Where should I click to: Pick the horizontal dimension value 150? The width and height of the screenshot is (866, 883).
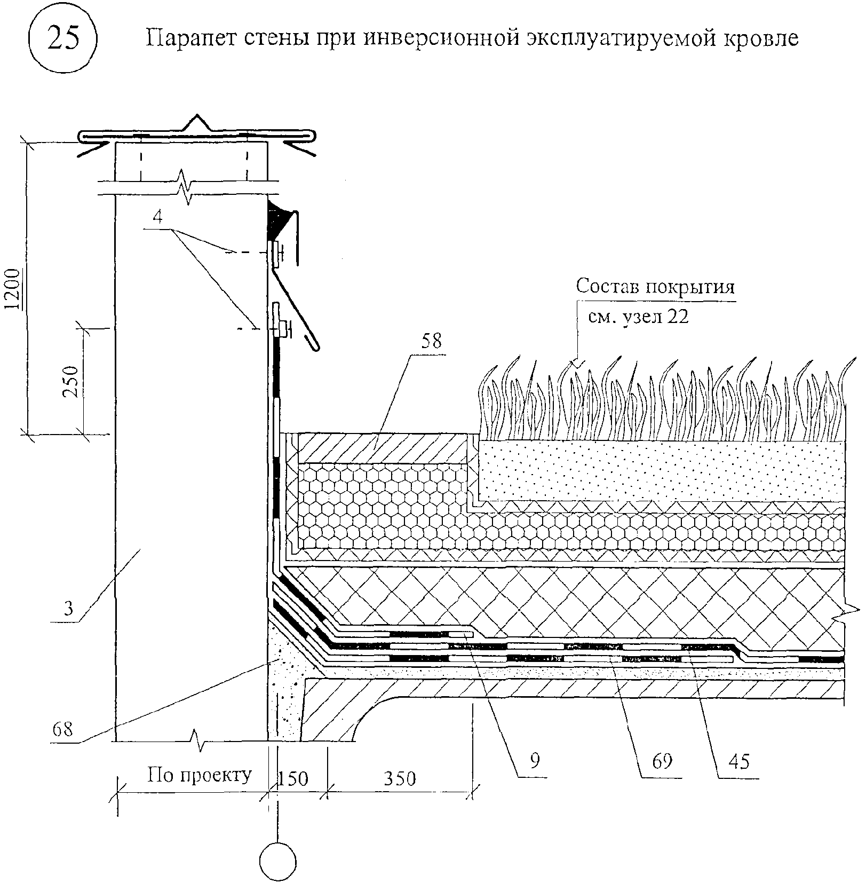click(293, 779)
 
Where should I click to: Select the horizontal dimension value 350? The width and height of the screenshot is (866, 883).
click(400, 779)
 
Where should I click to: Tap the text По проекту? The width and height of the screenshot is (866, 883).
click(199, 775)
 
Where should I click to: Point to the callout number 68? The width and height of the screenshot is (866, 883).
click(62, 729)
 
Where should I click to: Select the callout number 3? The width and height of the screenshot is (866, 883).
click(68, 609)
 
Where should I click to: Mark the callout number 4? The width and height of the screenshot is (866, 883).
click(157, 217)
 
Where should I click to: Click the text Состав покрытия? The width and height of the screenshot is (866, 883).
click(655, 287)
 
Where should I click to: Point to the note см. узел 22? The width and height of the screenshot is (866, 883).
click(638, 317)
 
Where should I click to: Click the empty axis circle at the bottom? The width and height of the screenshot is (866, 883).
click(277, 862)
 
